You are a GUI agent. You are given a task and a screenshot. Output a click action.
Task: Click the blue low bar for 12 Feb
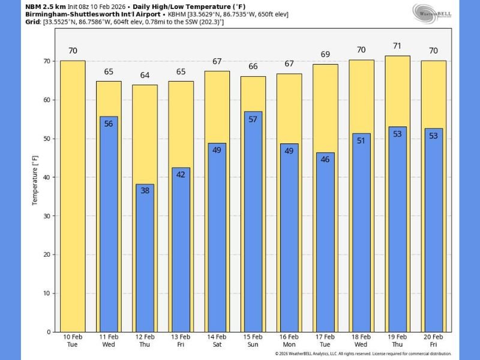coord(145,258)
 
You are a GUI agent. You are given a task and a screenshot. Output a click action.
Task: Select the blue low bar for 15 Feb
coord(253,222)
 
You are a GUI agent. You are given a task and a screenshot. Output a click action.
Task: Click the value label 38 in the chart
coord(145,190)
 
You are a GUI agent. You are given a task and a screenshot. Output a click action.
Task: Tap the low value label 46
coord(325,160)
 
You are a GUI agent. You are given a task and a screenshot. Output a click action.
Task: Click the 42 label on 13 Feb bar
coord(181,175)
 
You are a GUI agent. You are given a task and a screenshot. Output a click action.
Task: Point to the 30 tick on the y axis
coord(48,216)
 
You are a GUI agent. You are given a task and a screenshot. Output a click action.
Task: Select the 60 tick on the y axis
coord(48,100)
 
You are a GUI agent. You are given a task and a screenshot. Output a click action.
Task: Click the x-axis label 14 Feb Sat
coord(217,341)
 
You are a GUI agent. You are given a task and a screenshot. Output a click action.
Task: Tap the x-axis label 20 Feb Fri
coord(433,341)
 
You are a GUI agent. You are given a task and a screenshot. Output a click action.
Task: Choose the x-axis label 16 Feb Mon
coord(289,341)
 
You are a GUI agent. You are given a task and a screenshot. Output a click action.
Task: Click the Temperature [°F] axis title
coord(35,178)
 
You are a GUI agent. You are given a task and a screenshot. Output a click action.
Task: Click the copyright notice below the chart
coord(363,353)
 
